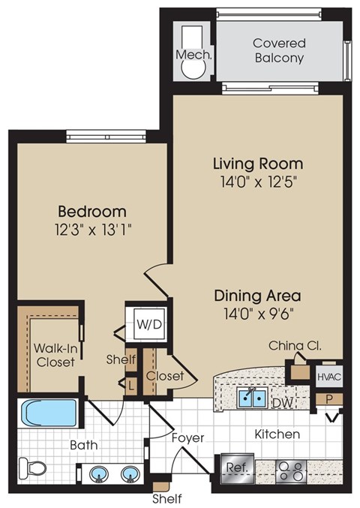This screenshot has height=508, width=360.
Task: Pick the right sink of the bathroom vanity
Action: click(130, 475)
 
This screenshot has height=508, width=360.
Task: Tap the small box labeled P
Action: click(328, 398)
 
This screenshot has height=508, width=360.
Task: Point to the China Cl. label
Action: click(296, 346)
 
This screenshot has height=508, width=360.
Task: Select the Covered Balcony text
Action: click(279, 50)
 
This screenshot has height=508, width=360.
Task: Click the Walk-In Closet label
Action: click(55, 355)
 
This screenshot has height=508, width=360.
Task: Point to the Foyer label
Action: click(186, 437)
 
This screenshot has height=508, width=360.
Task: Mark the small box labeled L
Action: click(132, 385)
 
